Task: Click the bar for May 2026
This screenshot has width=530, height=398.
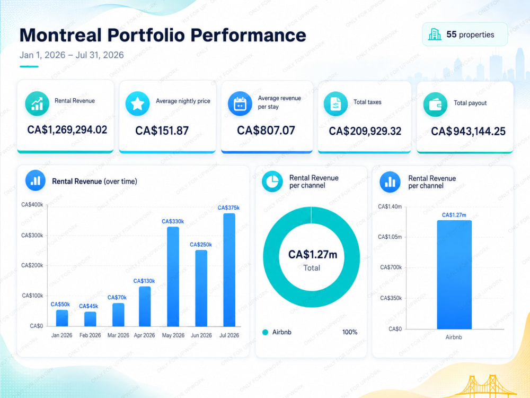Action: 173,276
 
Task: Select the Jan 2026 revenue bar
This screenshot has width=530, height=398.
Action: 62,318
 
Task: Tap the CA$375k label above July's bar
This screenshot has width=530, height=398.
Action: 228,208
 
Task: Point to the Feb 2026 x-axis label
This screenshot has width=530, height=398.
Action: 90,335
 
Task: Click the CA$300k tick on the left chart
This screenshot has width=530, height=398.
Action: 32,235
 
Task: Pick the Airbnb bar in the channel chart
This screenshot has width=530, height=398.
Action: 454,274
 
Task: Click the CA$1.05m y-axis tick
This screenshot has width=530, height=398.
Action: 390,237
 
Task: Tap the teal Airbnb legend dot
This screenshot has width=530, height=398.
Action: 266,332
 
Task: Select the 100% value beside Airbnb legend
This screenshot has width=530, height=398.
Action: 350,332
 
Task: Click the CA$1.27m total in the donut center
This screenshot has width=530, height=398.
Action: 313,255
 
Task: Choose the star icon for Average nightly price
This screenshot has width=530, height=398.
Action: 138,103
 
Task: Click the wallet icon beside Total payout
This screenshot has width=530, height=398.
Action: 435,105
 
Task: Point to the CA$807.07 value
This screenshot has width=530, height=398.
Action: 266,131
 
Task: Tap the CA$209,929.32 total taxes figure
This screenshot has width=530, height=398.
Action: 365,131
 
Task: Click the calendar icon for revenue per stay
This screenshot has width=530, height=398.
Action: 240,103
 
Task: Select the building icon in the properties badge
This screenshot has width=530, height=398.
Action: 435,34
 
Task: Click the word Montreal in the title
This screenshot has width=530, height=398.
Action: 61,35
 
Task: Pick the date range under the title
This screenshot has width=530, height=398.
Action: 72,55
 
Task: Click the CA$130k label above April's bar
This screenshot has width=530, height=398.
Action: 144,281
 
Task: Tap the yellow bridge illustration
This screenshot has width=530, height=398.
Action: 487,386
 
